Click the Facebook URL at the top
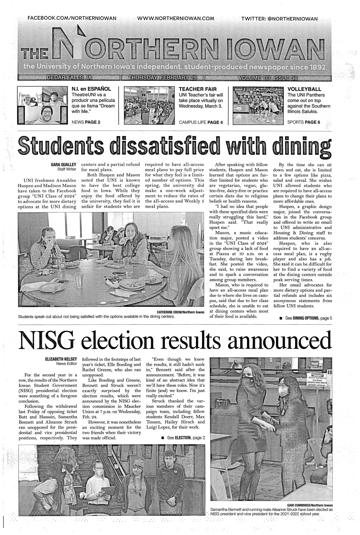click(72, 19)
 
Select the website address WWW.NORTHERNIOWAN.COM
click(176, 19)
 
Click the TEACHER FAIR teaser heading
click(198, 89)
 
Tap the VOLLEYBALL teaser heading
click(304, 89)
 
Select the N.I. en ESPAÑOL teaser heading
click(91, 89)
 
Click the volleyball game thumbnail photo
click(257, 106)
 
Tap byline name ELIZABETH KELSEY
click(59, 359)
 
